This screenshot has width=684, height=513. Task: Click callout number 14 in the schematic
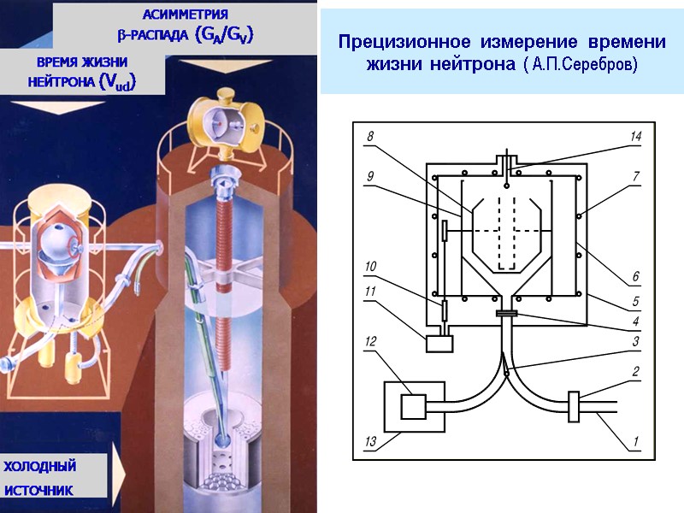(x=635, y=137)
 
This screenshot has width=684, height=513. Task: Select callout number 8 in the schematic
(x=370, y=137)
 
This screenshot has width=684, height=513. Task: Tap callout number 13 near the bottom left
(x=370, y=442)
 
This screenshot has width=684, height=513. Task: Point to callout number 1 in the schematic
(x=635, y=442)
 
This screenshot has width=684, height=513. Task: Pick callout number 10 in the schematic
(x=370, y=267)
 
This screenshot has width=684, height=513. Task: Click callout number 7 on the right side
(x=635, y=176)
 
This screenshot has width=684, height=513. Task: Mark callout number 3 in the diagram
(x=635, y=341)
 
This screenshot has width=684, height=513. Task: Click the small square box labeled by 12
(x=413, y=407)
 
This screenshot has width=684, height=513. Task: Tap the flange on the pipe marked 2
(x=575, y=406)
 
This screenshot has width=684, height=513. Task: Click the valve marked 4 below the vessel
(x=507, y=315)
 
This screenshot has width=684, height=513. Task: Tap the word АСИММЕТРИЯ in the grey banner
(x=185, y=15)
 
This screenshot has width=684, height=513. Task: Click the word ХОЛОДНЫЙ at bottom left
(x=40, y=467)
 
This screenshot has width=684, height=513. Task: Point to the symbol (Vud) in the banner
(x=118, y=81)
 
